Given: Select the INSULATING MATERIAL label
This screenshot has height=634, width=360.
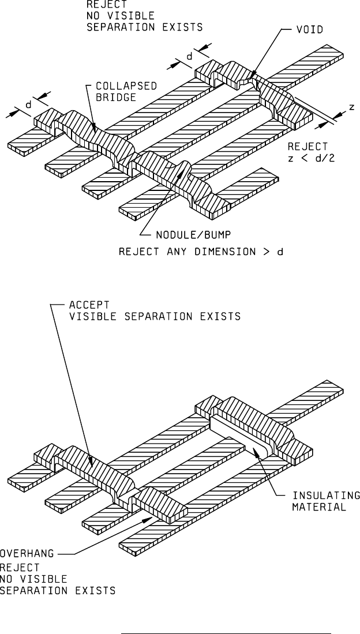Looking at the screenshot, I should click(326, 501).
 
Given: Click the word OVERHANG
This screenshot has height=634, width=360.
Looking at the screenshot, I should click(27, 553).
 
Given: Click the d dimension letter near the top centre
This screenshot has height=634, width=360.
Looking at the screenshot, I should click(189, 56).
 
